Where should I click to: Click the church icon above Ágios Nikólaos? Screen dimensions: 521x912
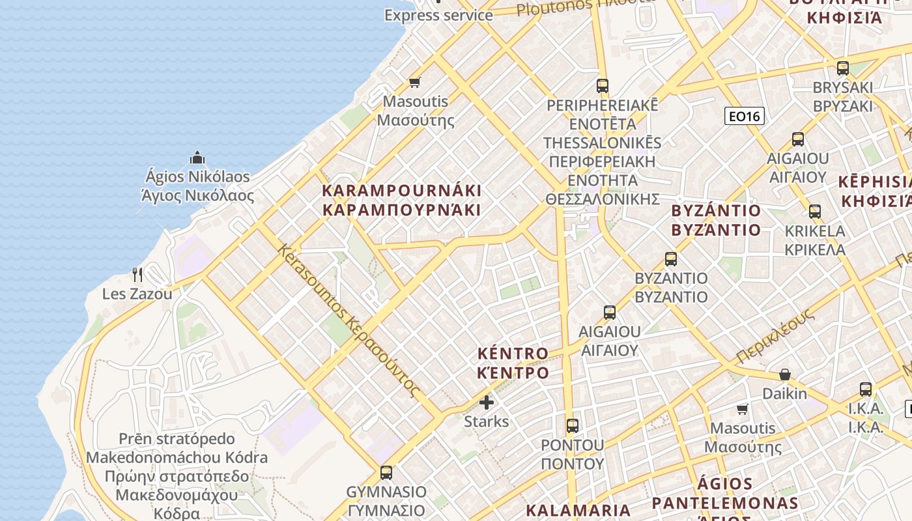[197, 158]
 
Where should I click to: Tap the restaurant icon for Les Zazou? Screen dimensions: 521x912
[137, 274]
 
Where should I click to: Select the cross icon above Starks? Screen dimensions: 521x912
[487, 402]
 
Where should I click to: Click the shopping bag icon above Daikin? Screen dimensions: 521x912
[785, 374]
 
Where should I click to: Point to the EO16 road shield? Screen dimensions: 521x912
[744, 117]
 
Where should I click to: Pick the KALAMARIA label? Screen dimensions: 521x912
[578, 510]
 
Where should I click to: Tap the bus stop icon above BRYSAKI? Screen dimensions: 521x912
[843, 68]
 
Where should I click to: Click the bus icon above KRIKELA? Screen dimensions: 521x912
[814, 212]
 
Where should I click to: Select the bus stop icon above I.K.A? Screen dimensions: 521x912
[865, 389]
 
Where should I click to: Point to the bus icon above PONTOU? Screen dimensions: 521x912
[573, 426]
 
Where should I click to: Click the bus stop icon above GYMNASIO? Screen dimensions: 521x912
[386, 472]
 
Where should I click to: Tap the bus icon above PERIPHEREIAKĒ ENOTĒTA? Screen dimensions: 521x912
[603, 85]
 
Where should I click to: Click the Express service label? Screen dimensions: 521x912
[438, 15]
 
